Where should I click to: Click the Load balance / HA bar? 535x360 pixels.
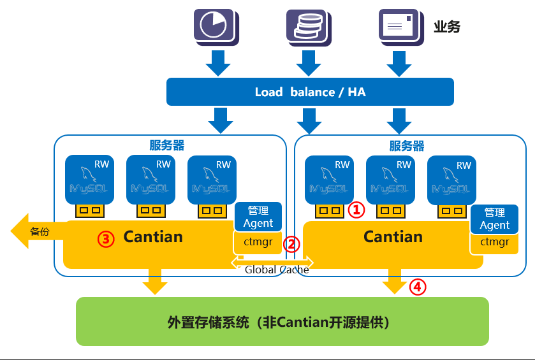(x=310, y=92)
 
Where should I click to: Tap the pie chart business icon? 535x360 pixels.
(x=216, y=27)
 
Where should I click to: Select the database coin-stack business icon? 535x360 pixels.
(x=309, y=27)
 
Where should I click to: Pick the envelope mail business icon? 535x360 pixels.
(x=401, y=27)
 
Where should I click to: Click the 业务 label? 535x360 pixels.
(x=447, y=27)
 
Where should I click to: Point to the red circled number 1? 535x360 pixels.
(x=356, y=210)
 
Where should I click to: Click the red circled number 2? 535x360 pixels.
(x=291, y=244)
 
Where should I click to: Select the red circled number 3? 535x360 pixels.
(x=106, y=239)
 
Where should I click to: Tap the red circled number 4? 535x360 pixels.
(x=418, y=287)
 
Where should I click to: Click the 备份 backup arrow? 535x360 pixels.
(x=38, y=231)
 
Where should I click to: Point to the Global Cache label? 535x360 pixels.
(x=277, y=270)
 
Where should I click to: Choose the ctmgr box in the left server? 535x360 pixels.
(x=258, y=242)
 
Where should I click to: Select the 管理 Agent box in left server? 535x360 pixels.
(x=258, y=217)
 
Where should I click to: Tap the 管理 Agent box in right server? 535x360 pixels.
(x=494, y=219)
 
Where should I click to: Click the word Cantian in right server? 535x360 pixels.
(x=393, y=236)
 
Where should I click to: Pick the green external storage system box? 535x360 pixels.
(x=282, y=322)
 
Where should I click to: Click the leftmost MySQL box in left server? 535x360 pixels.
(x=89, y=180)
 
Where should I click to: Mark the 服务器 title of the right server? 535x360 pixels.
(x=407, y=146)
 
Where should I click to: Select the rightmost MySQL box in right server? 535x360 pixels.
(x=451, y=180)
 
